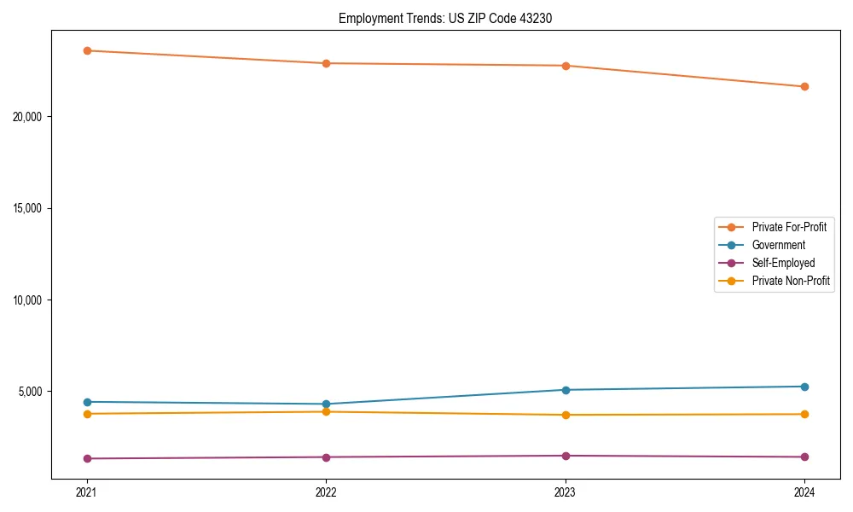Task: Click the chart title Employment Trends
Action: pos(445,18)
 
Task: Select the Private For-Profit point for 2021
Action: pos(87,50)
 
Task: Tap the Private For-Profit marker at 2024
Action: pos(804,86)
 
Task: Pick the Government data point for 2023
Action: pos(566,390)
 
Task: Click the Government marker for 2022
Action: pos(326,404)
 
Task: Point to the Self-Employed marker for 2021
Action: pos(87,458)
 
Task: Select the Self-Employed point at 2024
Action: pos(804,457)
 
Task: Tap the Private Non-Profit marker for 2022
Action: pos(326,411)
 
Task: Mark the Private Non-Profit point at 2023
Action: pos(566,415)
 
